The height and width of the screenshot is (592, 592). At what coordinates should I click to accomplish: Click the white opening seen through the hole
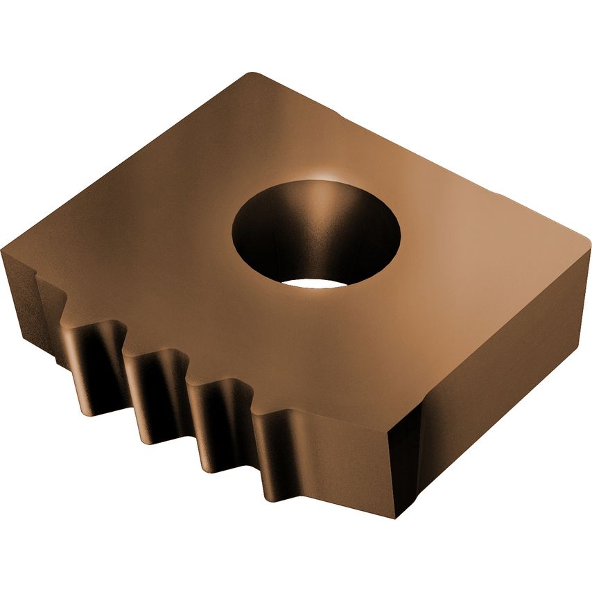tap(315, 283)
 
